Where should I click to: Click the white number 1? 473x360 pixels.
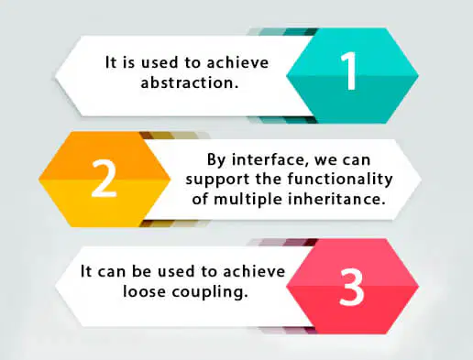tap(349, 71)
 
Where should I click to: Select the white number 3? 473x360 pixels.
tap(351, 287)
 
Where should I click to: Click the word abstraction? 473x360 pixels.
tap(190, 82)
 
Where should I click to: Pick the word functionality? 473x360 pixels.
tap(340, 180)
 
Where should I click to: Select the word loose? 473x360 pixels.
tap(144, 291)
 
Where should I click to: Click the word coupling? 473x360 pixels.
tap(210, 292)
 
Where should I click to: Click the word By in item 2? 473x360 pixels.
tap(216, 160)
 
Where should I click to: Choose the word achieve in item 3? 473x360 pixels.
tap(254, 271)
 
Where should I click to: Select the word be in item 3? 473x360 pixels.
tap(141, 271)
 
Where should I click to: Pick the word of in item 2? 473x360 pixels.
tap(200, 199)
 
